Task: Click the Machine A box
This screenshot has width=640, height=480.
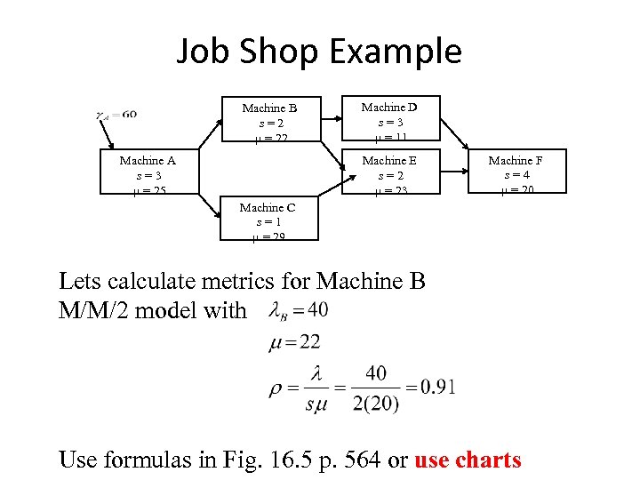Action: [x=148, y=173]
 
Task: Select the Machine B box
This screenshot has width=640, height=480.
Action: [x=269, y=121]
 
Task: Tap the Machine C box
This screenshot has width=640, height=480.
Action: [x=267, y=220]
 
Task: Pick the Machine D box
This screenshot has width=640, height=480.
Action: [x=389, y=120]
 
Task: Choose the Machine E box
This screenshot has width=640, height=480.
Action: [x=389, y=173]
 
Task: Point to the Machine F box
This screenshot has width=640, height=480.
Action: [x=516, y=173]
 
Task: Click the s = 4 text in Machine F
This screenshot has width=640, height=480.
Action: [x=516, y=175]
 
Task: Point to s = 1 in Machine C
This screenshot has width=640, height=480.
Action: [x=268, y=222]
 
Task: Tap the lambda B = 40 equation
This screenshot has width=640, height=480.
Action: [x=298, y=310]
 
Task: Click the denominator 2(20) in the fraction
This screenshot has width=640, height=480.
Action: [x=375, y=403]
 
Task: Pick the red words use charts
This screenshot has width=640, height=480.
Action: [x=468, y=460]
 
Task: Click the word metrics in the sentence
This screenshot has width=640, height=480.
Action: [x=211, y=282]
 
